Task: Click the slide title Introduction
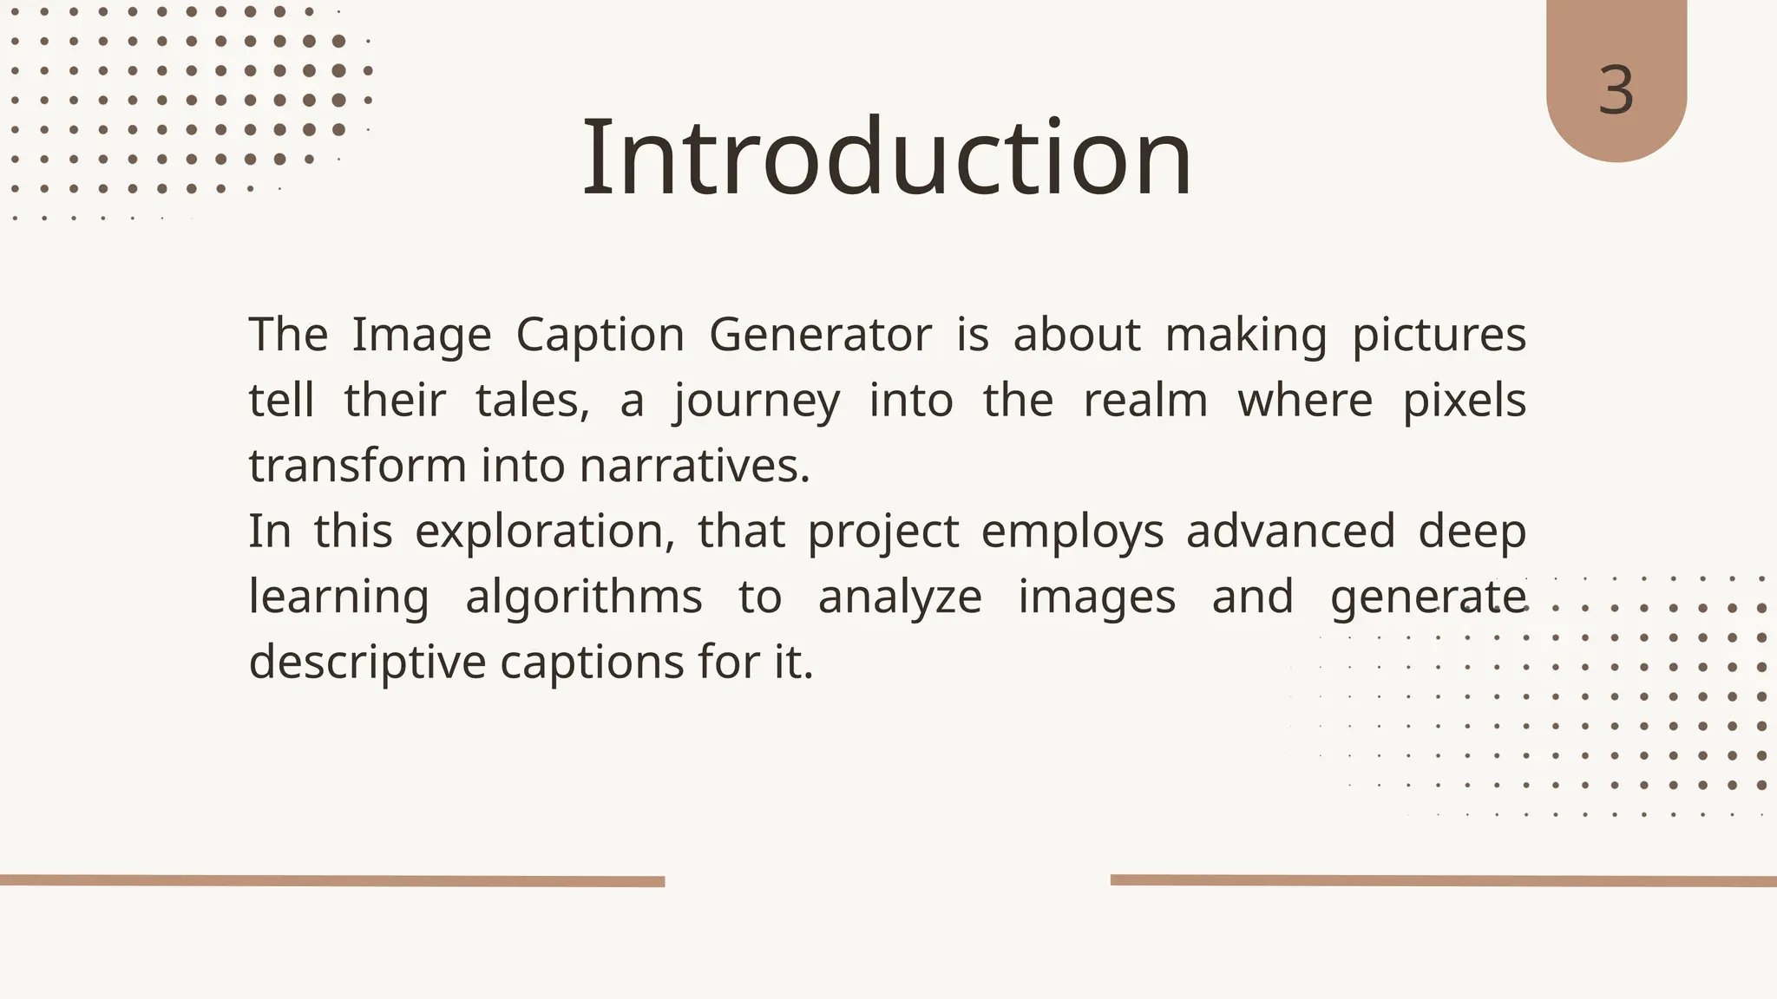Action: pyautogui.click(x=887, y=158)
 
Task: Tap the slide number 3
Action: pyautogui.click(x=1616, y=90)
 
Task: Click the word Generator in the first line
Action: pyautogui.click(x=820, y=335)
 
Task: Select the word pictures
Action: pyautogui.click(x=1439, y=336)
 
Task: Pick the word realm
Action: pyautogui.click(x=1145, y=401)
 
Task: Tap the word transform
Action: pyautogui.click(x=357, y=466)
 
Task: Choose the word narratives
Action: pyautogui.click(x=694, y=466)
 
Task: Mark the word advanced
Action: pyautogui.click(x=1290, y=531)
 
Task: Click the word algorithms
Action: pyautogui.click(x=583, y=597)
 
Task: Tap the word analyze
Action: pyautogui.click(x=900, y=597)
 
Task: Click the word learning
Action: pyautogui.click(x=338, y=597)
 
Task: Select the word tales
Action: pyautogui.click(x=532, y=401)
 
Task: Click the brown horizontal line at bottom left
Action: pyautogui.click(x=332, y=881)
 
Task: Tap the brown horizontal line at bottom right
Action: pyautogui.click(x=1443, y=881)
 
